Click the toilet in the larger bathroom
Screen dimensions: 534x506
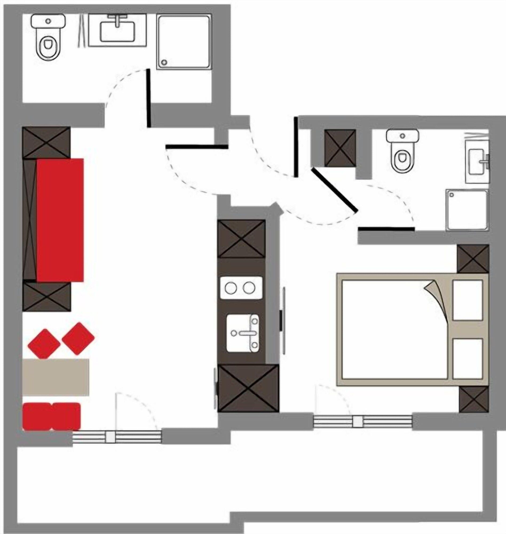[48, 41]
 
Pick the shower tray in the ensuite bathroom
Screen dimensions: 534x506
[467, 210]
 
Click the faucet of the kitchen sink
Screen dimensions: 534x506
[246, 333]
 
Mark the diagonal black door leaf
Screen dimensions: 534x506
[334, 190]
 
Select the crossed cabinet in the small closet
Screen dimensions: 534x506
[340, 148]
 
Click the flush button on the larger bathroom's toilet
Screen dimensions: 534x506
[48, 21]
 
